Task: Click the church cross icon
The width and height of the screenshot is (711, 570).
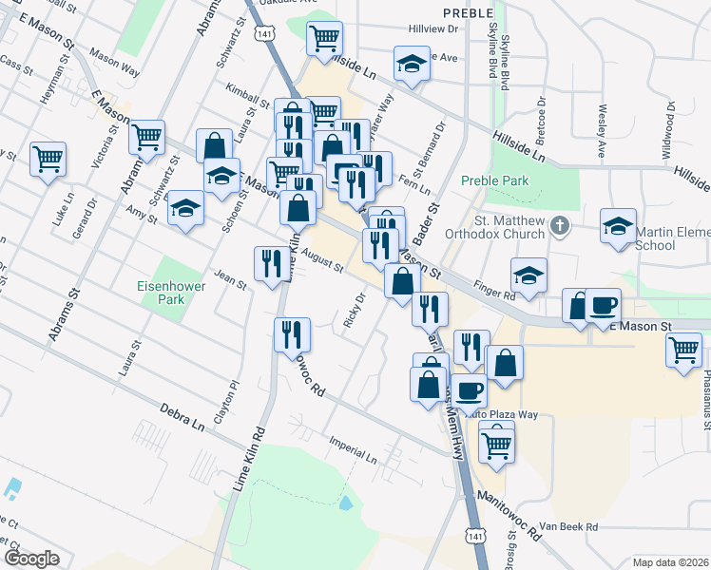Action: pyautogui.click(x=560, y=226)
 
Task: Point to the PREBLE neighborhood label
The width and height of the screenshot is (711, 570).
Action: pyautogui.click(x=469, y=12)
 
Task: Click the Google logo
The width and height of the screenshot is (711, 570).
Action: pyautogui.click(x=31, y=558)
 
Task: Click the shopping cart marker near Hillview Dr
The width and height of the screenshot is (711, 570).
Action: pyautogui.click(x=324, y=39)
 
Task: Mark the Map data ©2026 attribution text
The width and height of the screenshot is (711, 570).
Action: pyautogui.click(x=670, y=561)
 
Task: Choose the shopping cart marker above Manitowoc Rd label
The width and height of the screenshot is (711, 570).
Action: pyautogui.click(x=496, y=444)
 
